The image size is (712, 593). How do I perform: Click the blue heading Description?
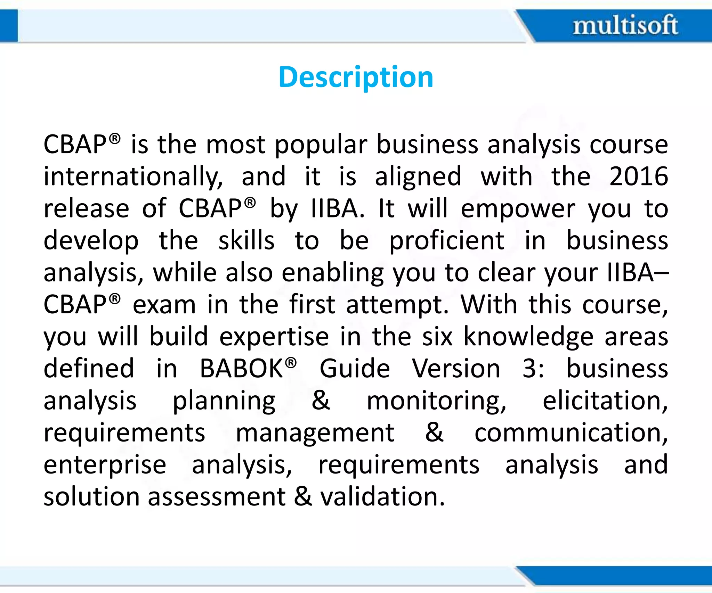coord(356,77)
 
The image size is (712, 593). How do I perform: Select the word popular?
coord(321,145)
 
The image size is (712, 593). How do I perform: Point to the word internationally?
coord(133,176)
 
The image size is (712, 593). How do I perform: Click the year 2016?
coord(639,176)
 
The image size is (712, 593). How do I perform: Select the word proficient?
coord(447,241)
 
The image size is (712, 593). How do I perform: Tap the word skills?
coord(246,241)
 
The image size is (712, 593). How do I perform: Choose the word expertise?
coord(274,337)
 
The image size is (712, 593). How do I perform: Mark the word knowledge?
coord(528,337)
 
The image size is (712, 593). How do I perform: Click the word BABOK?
coord(242,369)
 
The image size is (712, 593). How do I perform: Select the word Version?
coord(456,369)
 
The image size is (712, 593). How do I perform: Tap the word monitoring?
coord(436,401)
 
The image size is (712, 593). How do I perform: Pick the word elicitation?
coord(605,401)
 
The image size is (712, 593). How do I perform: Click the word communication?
coord(571,433)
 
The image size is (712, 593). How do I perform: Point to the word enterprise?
coord(105,465)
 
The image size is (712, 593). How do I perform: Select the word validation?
coord(382,497)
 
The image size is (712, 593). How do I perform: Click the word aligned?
coord(418,176)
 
